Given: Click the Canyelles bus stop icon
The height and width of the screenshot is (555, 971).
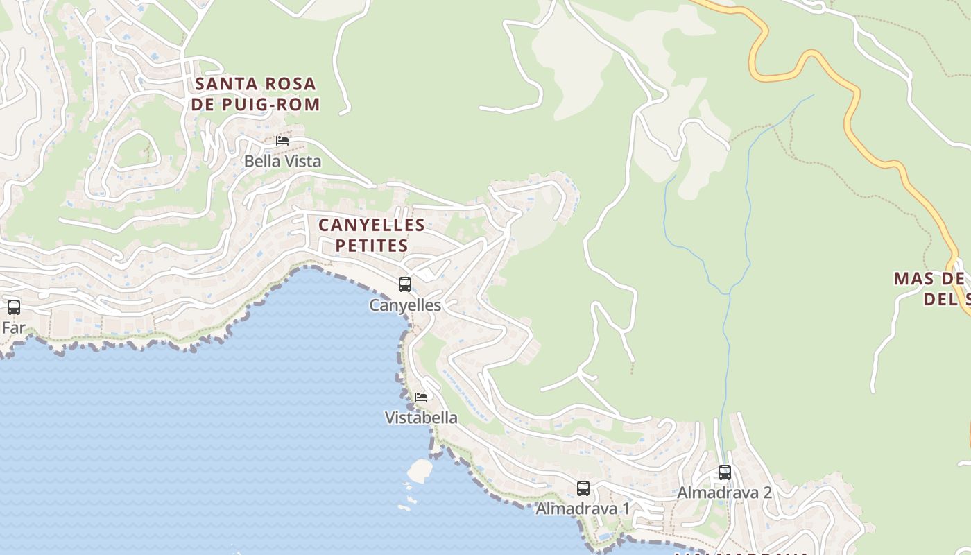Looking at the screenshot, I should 405,284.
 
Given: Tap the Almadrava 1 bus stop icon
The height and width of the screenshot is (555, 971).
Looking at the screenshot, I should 583,488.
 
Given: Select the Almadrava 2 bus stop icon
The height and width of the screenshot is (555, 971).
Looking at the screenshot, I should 725,472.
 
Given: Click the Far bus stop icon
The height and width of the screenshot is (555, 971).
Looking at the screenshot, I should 14,307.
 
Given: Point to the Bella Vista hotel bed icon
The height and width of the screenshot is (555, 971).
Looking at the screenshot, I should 282,140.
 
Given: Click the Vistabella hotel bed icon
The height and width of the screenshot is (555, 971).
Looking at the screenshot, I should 421,398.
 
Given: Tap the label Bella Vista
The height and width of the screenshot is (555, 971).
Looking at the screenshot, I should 282,161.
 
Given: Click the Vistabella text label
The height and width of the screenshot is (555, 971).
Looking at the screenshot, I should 421,418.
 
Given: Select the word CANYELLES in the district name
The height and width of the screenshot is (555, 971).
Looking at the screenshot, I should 372,225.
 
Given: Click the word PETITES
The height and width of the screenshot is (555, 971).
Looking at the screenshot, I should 372,246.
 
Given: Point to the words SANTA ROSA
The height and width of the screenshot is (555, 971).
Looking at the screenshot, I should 255,84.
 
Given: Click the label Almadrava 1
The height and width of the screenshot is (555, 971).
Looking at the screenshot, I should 583,509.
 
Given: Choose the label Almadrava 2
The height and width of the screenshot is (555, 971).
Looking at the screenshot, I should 724,493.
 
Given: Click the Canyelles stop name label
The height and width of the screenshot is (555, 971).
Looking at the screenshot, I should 405,305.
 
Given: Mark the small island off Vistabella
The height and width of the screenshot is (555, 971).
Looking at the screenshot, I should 420,470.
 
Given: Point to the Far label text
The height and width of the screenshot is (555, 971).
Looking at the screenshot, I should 13,327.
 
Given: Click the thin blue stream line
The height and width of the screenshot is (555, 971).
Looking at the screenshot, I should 748,208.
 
